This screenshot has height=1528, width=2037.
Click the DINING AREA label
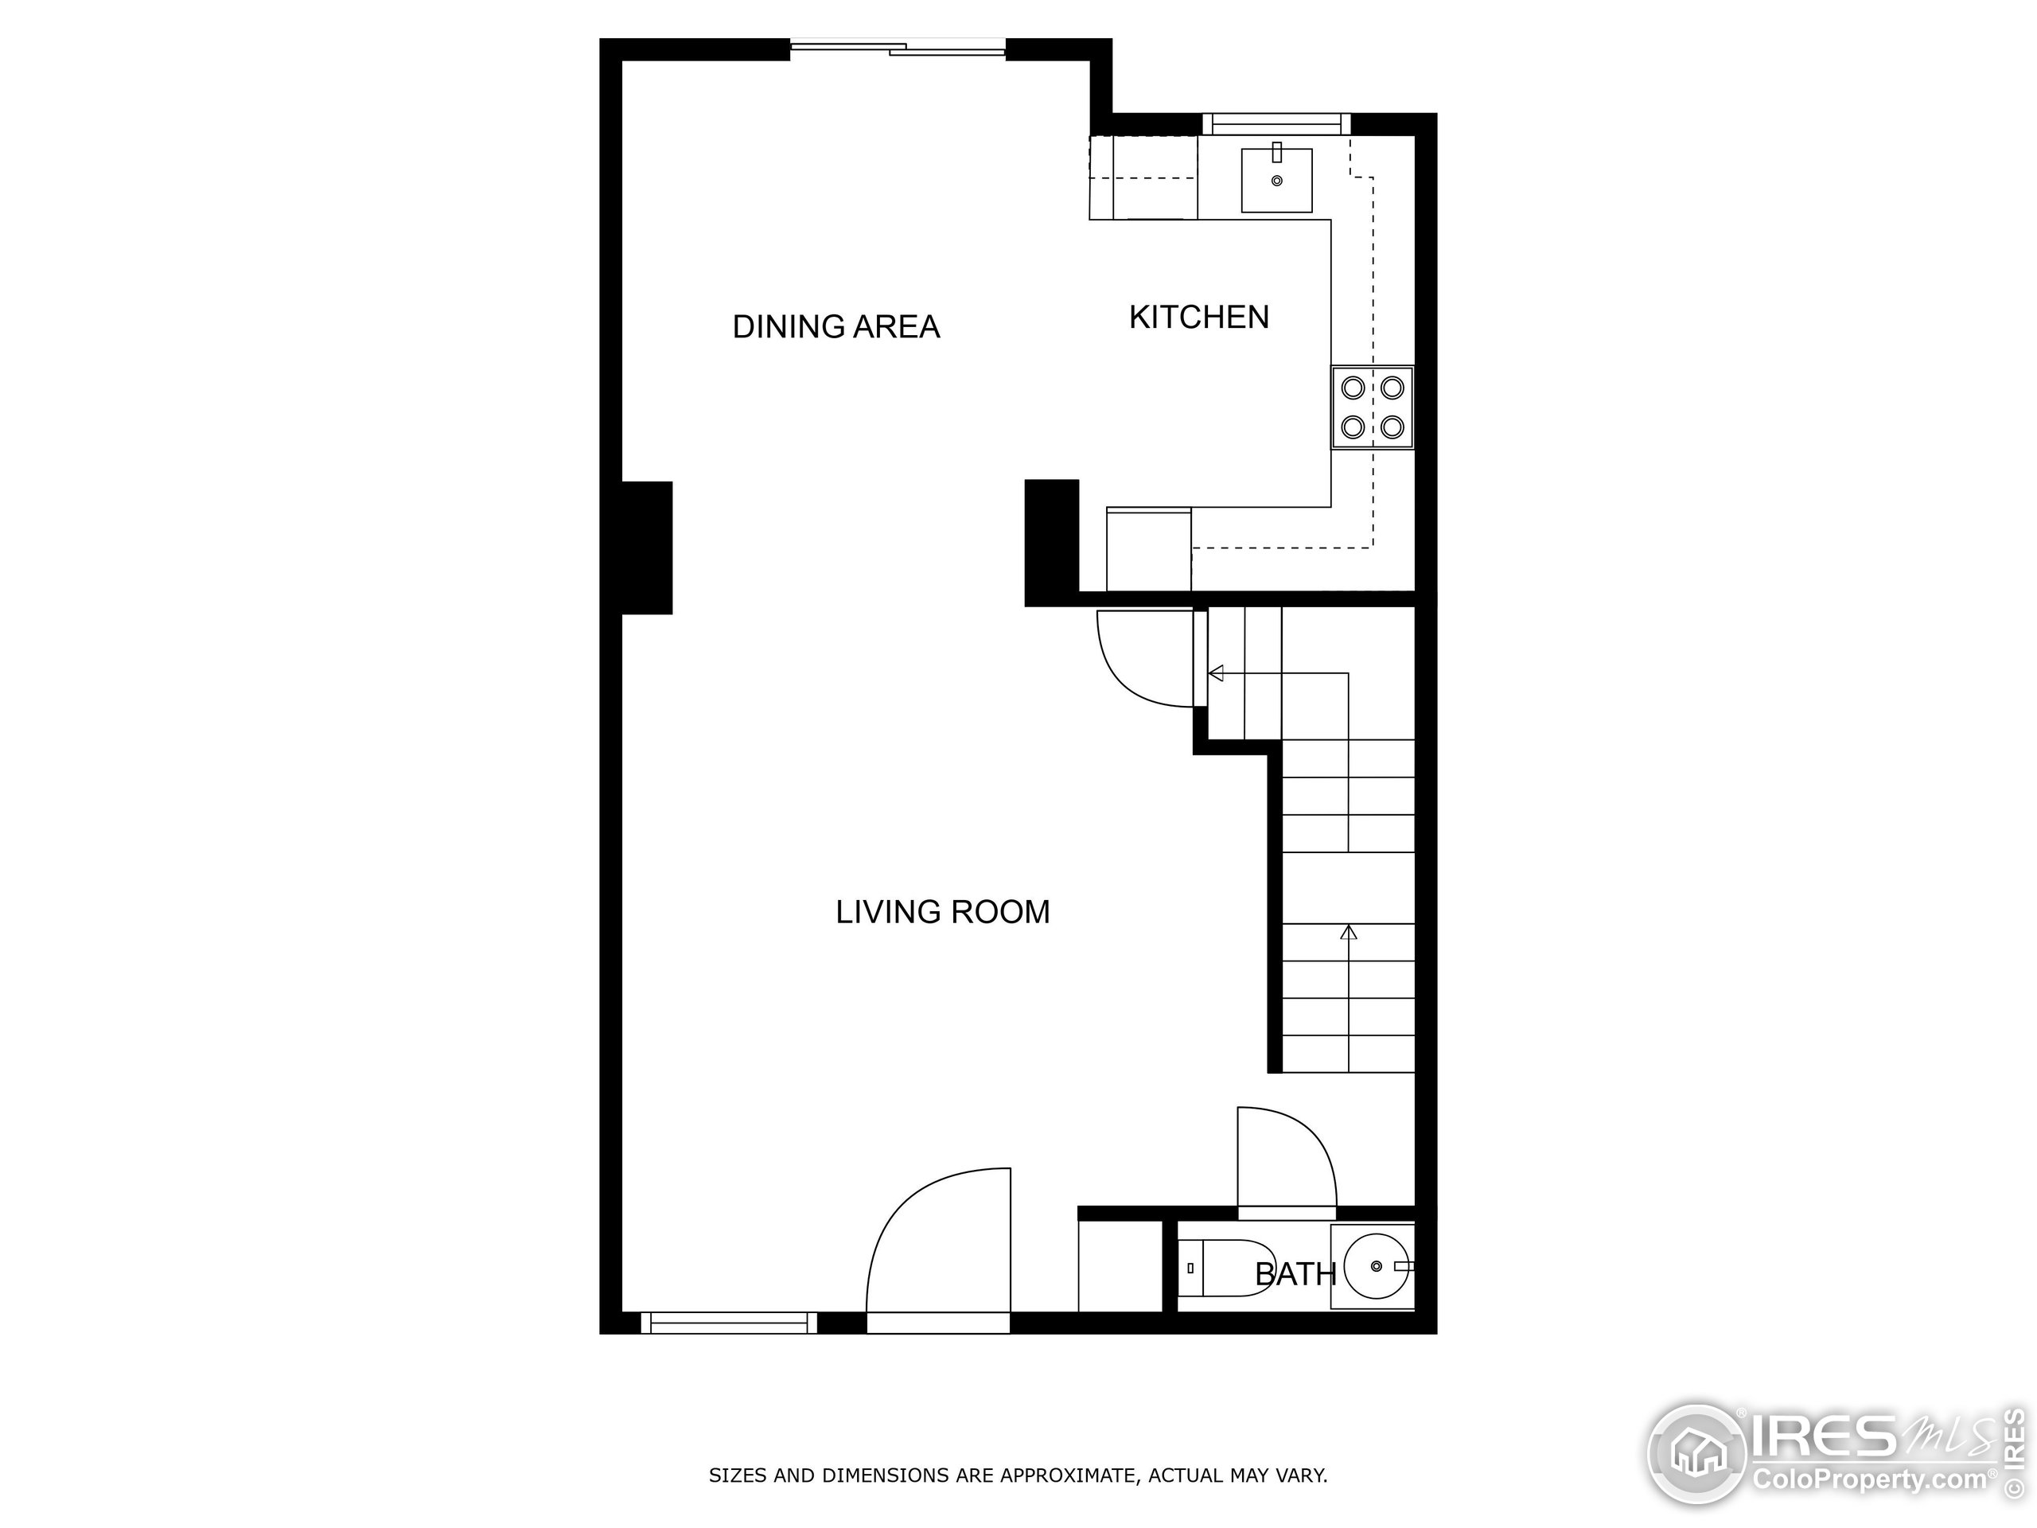coord(835,327)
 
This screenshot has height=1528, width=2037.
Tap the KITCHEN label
coord(1199,318)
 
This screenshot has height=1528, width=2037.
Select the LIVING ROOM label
coord(942,912)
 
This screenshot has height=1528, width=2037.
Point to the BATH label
coord(1295,1275)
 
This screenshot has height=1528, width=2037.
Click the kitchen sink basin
coord(1276,181)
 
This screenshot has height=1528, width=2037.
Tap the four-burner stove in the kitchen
coord(1372,408)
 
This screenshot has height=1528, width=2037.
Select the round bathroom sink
coord(1377,1266)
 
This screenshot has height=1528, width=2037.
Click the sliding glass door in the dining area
coord(898,49)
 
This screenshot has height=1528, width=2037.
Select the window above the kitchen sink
coord(1276,123)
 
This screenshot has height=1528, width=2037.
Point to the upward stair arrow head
coord(1349,932)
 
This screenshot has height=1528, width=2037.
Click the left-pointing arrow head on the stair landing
coord(1216,673)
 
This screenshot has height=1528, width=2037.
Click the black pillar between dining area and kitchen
coord(1052,543)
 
